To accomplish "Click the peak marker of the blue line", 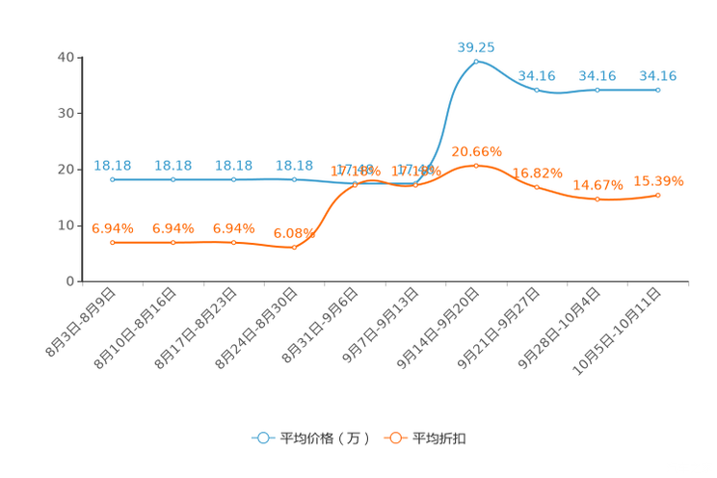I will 476,62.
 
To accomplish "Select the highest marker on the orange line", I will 476,166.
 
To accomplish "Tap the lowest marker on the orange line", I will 294,248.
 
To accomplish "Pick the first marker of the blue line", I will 113,180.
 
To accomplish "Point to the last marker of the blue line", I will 657,90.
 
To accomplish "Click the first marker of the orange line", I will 113,243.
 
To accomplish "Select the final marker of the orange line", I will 657,196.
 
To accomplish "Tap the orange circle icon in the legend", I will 394,438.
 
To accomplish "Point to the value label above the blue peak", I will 476,46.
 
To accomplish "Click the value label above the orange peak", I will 476,150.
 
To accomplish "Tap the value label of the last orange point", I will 658,180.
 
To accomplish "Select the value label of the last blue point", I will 657,74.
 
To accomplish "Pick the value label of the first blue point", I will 113,165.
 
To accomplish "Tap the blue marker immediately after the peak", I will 537,90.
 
